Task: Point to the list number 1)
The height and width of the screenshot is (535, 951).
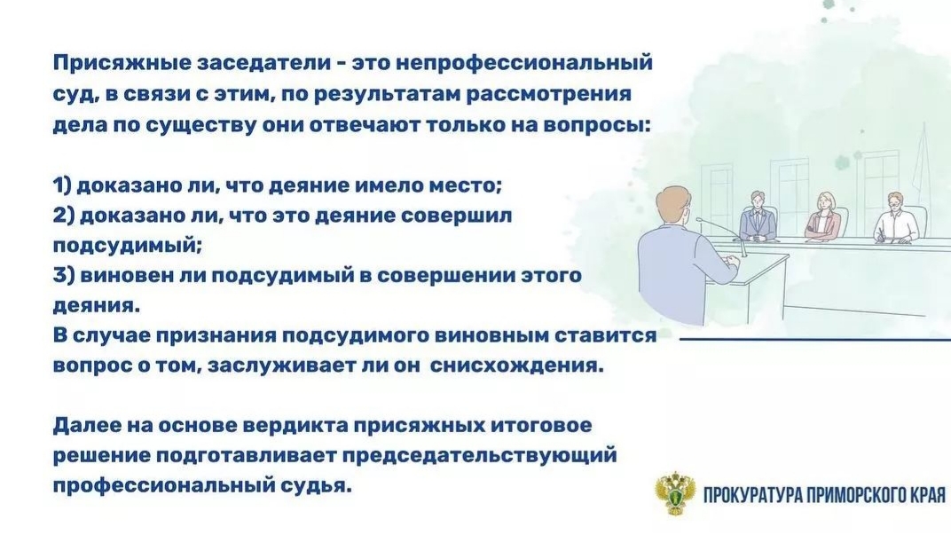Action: coord(63,185)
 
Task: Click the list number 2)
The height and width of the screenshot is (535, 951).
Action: coord(64,216)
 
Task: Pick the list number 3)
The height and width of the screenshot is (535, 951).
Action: coord(64,276)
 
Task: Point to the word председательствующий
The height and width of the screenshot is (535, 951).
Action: coord(479,456)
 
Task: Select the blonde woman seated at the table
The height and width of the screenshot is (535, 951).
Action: coord(823,216)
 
